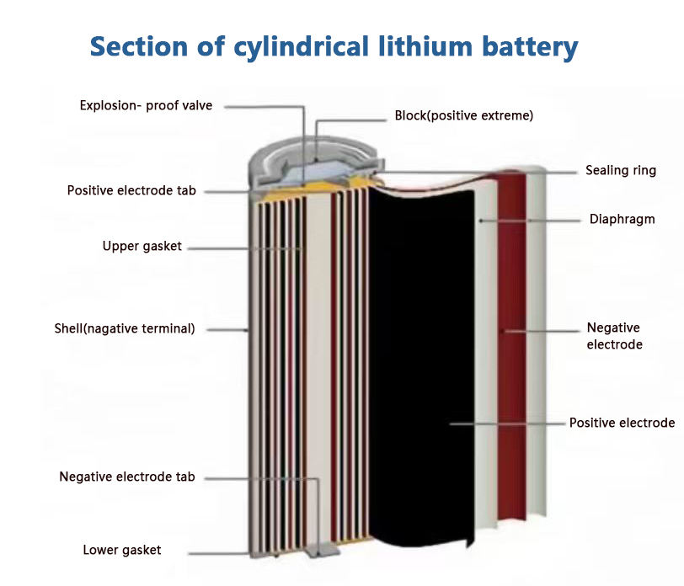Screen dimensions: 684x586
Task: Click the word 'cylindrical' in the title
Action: [x=302, y=47]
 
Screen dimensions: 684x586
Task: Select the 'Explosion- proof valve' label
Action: [x=146, y=105]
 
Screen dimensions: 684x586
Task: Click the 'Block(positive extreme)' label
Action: [x=463, y=115]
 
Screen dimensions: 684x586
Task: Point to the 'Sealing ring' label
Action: [x=621, y=170]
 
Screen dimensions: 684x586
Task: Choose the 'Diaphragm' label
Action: [x=622, y=219]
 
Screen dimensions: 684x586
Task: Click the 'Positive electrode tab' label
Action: [x=131, y=190]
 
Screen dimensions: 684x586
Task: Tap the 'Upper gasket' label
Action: [x=142, y=246]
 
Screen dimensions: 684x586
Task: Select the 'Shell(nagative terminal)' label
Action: [x=125, y=328]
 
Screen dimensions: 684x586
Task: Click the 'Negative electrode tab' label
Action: [x=127, y=477]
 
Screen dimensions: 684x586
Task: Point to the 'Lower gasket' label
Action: [x=121, y=550]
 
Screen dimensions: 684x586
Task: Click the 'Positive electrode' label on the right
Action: [x=622, y=423]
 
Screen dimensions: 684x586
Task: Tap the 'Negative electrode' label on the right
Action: [x=614, y=336]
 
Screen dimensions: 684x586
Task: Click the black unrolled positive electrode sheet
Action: [x=421, y=366]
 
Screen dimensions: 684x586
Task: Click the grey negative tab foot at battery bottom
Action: [x=323, y=551]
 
